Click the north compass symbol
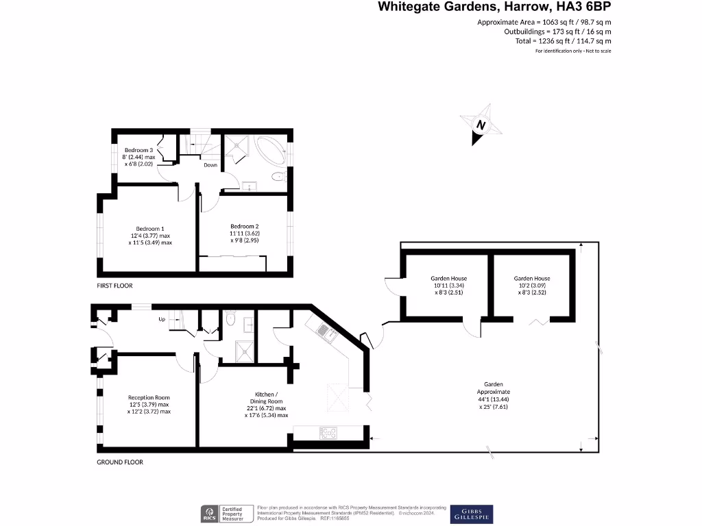(481, 125)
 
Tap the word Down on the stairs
(210, 165)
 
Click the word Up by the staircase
(162, 319)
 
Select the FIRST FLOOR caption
(114, 286)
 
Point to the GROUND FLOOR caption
(119, 462)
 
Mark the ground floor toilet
(231, 320)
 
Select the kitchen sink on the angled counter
(326, 333)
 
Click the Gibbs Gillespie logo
(471, 514)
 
